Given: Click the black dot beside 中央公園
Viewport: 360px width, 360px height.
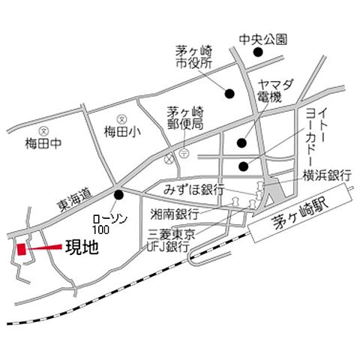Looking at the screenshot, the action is click(x=257, y=52).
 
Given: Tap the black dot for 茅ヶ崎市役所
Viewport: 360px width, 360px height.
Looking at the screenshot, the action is click(x=229, y=94).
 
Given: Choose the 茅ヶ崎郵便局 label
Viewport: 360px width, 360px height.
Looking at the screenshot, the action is click(x=184, y=118).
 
